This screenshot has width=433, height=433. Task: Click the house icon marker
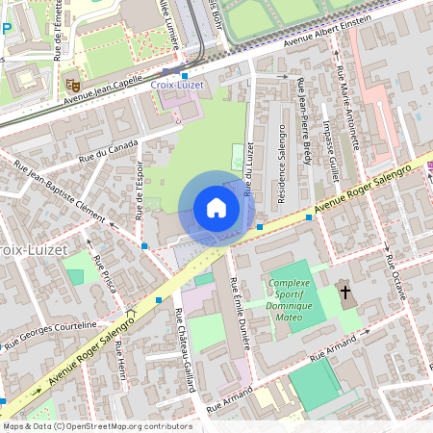[x=216, y=208]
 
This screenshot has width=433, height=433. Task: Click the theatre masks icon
[x=71, y=84]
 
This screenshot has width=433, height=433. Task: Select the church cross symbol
[x=344, y=292]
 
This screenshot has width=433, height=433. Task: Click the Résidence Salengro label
[x=282, y=164]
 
